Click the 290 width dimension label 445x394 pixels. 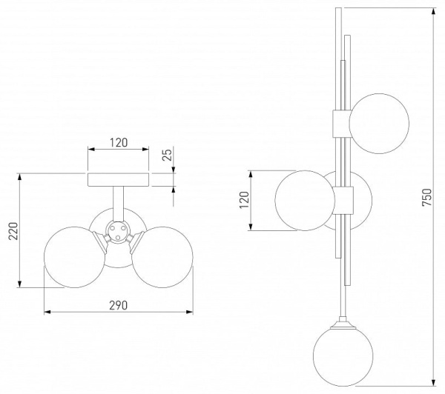click(119, 305)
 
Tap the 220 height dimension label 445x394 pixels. click(13, 231)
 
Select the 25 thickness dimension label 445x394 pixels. click(168, 155)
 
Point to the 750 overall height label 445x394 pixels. click(427, 197)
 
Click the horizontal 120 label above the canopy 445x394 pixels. click(119, 143)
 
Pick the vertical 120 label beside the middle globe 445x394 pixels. click(244, 200)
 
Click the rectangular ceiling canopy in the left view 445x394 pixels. click(119, 180)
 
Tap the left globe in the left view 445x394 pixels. click(74, 257)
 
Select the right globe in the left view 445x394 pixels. click(162, 257)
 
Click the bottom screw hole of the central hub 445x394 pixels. click(118, 237)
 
